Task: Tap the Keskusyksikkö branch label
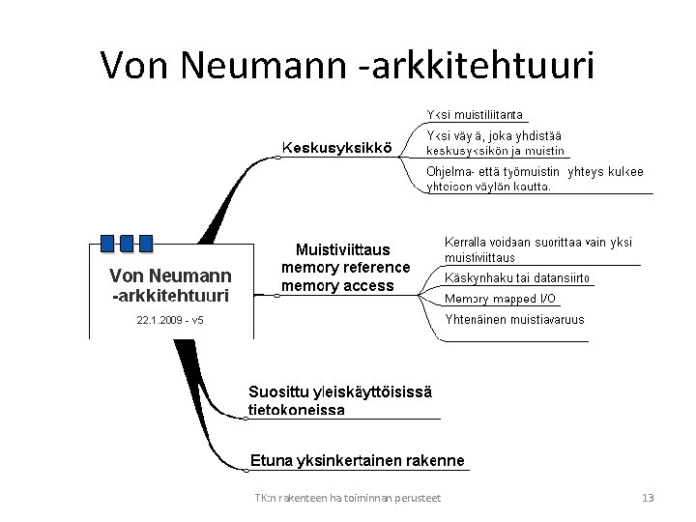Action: coord(336,148)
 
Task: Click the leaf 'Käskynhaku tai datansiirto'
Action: coord(516,278)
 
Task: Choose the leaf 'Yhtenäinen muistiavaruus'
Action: coord(514,320)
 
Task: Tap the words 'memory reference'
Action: coord(345,267)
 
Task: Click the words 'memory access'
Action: coord(337,285)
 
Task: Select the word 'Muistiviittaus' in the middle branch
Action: coord(342,249)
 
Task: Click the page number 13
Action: coord(648,498)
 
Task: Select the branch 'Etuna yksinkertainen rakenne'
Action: coord(357,461)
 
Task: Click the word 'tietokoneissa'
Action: coord(297,409)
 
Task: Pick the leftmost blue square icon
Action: coord(108,243)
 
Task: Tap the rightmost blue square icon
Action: coord(146,243)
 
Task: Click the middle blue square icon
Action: coord(127,243)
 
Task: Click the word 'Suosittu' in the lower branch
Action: coord(276,391)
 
